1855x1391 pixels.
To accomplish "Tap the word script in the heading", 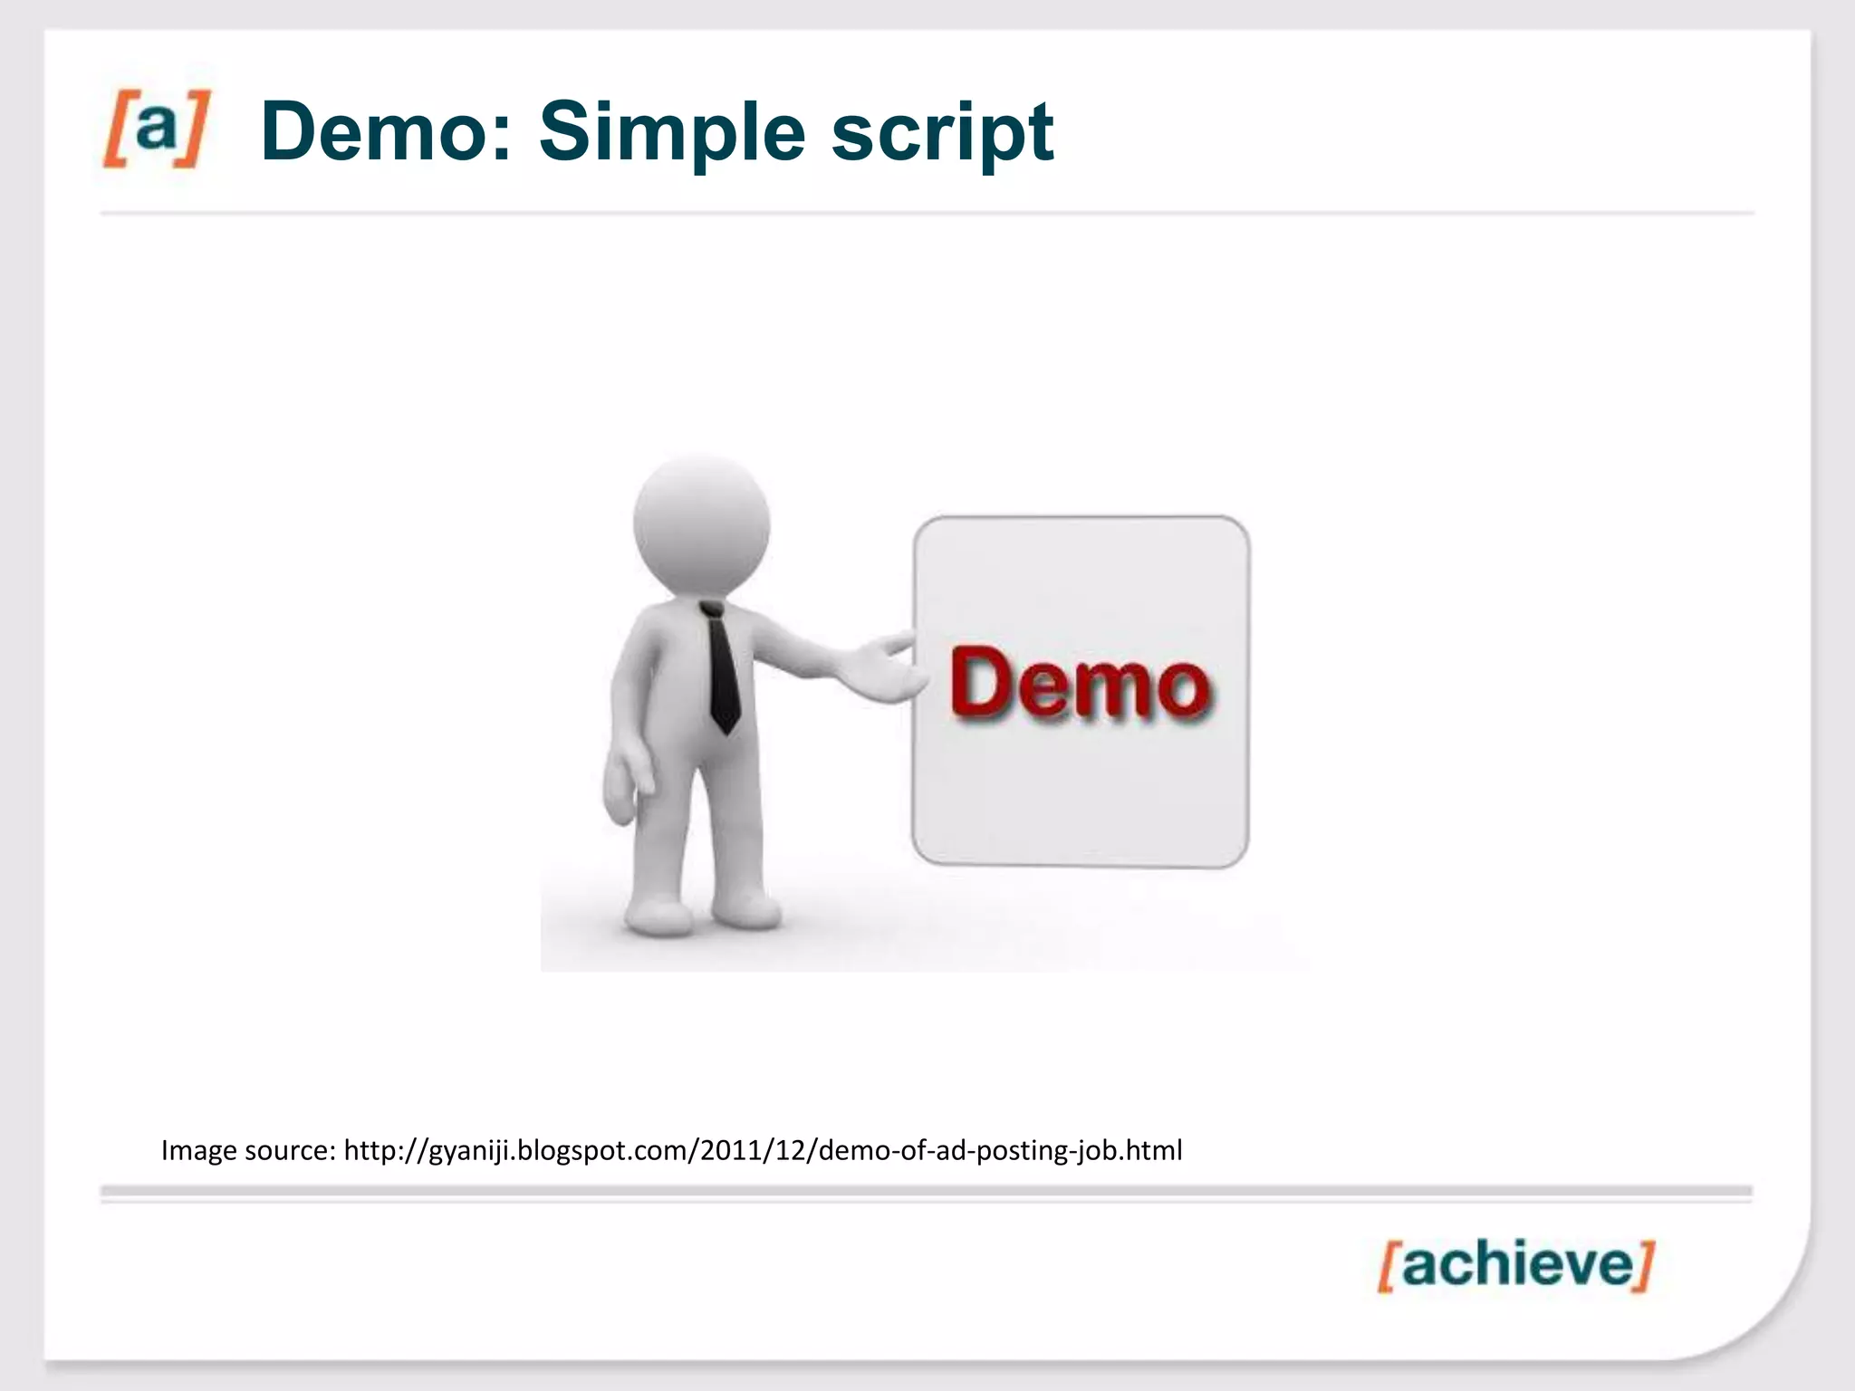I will coord(942,134).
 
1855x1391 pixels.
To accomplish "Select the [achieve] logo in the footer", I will coord(1515,1265).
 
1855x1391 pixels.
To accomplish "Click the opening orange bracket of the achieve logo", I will coord(1388,1267).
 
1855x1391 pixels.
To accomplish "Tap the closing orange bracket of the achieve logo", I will coord(1644,1265).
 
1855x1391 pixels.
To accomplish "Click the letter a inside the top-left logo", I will coord(156,127).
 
